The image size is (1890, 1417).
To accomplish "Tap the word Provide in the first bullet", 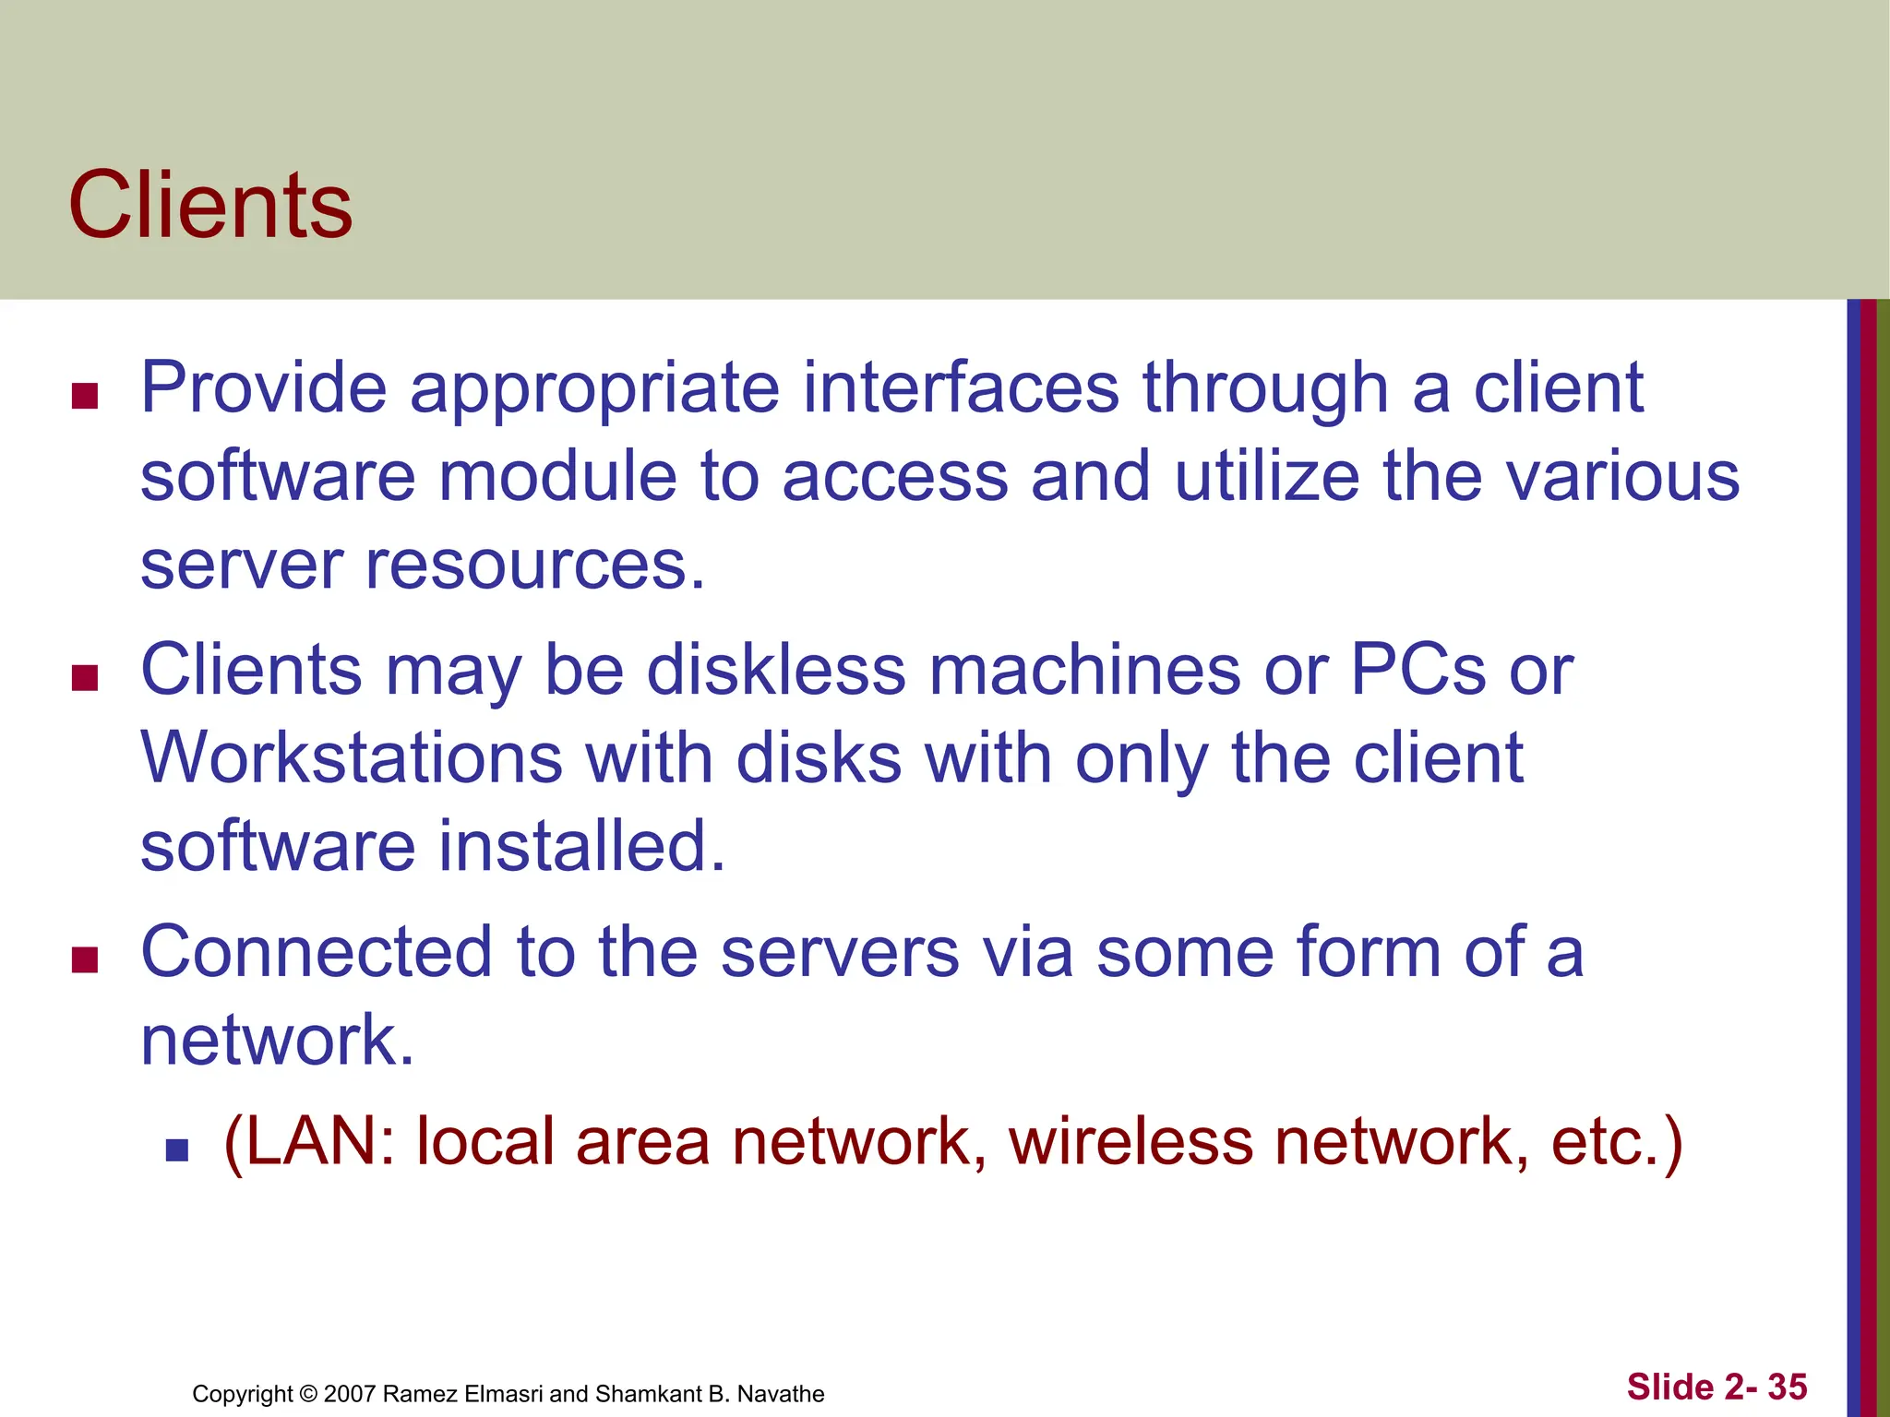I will tap(263, 388).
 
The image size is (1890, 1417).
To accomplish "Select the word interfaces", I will tap(961, 388).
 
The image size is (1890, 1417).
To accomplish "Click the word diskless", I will tap(776, 670).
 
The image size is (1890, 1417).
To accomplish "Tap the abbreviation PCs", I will tap(1417, 670).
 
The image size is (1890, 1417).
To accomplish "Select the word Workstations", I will tap(351, 758).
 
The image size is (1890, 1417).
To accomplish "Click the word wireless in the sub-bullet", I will tap(1130, 1142).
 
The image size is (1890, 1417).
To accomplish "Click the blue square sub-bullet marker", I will tap(176, 1149).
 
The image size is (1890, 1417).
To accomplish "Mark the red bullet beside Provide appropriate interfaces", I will tap(85, 397).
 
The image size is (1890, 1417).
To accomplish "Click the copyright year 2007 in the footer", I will tap(350, 1394).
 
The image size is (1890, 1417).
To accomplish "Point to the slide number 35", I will tap(1787, 1387).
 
